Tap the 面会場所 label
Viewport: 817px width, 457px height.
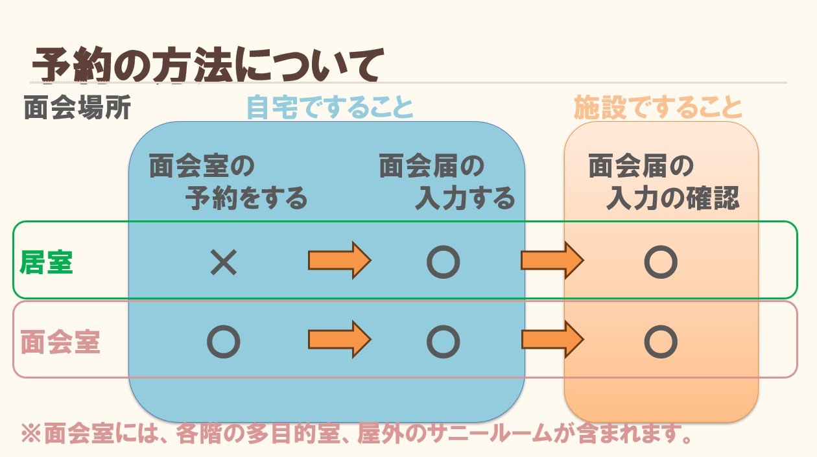(x=77, y=108)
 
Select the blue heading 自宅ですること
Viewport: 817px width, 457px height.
(x=330, y=108)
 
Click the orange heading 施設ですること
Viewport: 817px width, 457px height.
(x=657, y=108)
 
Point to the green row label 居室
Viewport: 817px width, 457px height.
(x=47, y=263)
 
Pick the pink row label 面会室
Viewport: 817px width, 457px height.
(x=60, y=342)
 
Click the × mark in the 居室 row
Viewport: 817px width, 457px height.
(x=224, y=263)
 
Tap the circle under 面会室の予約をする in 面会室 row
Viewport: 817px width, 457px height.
(x=224, y=342)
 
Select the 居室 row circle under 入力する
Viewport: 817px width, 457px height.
(x=444, y=263)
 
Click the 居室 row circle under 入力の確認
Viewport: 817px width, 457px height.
(x=661, y=263)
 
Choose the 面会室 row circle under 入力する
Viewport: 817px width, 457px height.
(x=444, y=342)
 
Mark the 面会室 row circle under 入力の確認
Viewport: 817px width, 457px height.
(x=661, y=342)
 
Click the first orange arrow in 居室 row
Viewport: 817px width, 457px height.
(x=339, y=261)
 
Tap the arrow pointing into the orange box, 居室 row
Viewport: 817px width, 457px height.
(x=552, y=261)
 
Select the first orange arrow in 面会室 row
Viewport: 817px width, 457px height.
(x=339, y=339)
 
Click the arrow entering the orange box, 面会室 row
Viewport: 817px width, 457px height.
(x=552, y=339)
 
